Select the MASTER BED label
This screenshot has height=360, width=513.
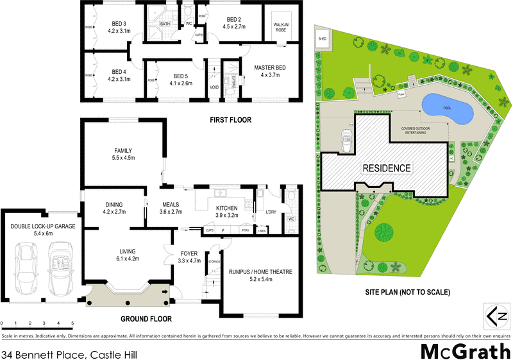(x=270, y=71)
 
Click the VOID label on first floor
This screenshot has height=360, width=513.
(x=214, y=88)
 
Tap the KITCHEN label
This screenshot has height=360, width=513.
(x=226, y=208)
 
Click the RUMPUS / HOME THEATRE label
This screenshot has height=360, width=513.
(x=260, y=272)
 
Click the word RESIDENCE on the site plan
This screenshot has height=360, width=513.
(x=386, y=168)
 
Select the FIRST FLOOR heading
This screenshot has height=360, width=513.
(x=230, y=120)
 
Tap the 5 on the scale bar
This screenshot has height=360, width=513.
(x=72, y=322)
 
